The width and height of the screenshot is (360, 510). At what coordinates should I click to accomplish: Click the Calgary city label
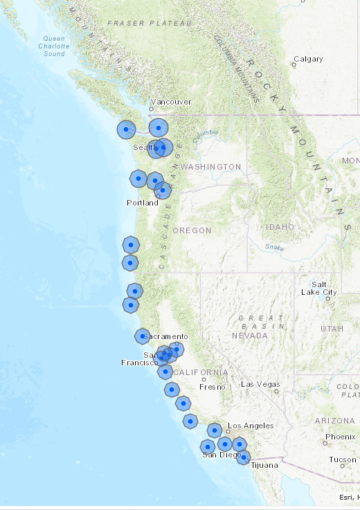click(308, 59)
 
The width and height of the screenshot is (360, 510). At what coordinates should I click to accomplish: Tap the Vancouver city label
click(171, 102)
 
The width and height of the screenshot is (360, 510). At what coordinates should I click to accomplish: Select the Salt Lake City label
click(319, 288)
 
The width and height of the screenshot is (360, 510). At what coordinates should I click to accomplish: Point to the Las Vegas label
click(260, 384)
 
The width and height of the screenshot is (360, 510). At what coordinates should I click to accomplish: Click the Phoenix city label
click(340, 437)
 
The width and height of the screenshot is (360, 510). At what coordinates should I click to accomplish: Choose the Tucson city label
click(343, 459)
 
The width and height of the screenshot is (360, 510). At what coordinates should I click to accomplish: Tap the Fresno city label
click(213, 387)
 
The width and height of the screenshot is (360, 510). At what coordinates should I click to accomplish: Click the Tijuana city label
click(262, 465)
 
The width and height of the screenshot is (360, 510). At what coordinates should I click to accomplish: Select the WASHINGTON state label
click(210, 167)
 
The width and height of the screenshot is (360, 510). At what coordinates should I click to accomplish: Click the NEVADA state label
click(250, 335)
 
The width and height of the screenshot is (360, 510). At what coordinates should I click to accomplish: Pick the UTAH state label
click(332, 328)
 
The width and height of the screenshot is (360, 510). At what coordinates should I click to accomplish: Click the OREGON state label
click(192, 230)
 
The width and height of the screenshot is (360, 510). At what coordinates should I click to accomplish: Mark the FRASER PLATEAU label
click(149, 24)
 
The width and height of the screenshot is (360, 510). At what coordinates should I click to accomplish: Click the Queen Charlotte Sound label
click(55, 46)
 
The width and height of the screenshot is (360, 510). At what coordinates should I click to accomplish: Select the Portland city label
click(142, 203)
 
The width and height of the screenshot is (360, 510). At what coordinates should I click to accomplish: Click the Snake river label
click(274, 246)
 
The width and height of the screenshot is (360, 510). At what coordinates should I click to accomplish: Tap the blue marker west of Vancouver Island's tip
click(126, 129)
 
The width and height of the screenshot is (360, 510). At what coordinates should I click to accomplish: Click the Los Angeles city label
click(251, 426)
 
